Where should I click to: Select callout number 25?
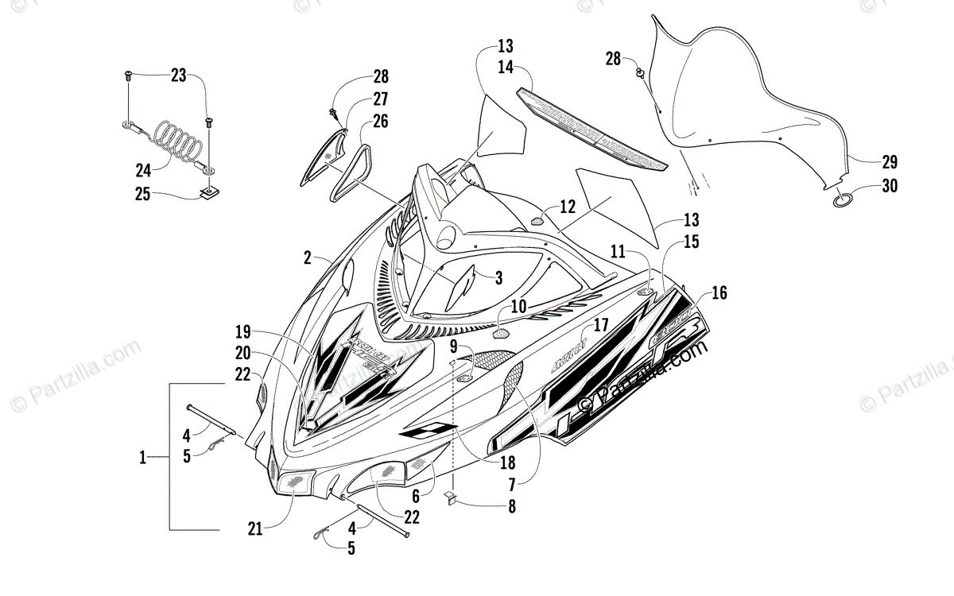click(x=143, y=194)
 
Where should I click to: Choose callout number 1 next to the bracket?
click(x=143, y=457)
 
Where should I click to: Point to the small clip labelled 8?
click(x=450, y=498)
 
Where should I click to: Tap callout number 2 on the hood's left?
click(x=306, y=257)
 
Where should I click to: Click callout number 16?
click(x=719, y=293)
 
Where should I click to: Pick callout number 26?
click(x=380, y=122)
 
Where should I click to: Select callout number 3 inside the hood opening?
click(x=498, y=277)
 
